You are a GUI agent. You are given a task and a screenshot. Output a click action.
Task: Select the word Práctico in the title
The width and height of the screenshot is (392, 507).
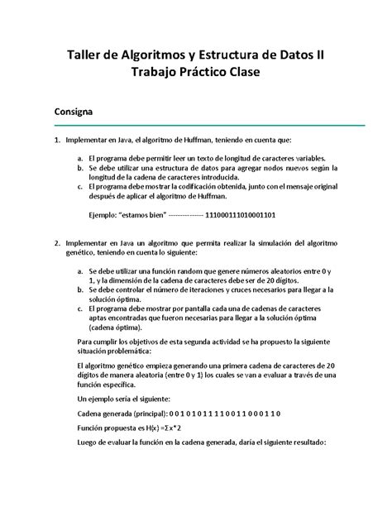[204, 74]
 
